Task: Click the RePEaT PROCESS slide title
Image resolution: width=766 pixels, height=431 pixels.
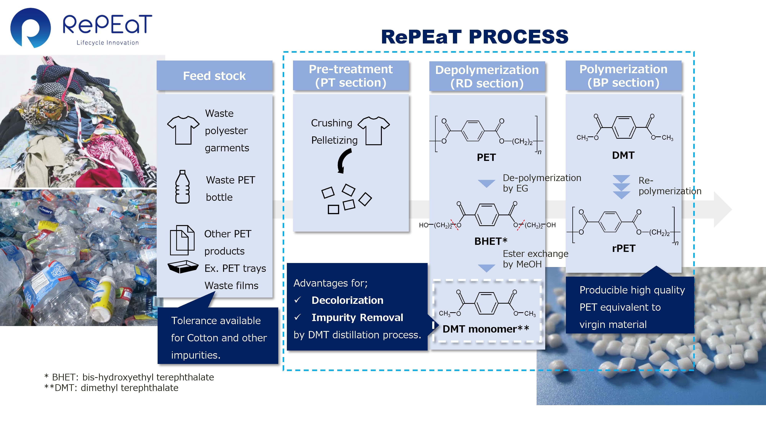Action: (x=475, y=37)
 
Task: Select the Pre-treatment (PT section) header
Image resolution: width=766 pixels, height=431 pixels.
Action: (x=351, y=76)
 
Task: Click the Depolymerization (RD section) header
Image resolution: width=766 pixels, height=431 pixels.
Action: (x=487, y=76)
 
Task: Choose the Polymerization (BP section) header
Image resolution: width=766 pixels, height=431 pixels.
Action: (x=623, y=76)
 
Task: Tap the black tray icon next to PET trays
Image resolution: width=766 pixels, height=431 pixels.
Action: (x=183, y=267)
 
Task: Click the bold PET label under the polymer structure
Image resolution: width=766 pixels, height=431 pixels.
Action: (x=486, y=157)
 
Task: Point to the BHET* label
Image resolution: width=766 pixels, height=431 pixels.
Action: (x=491, y=241)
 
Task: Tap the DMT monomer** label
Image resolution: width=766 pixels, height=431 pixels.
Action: (x=486, y=329)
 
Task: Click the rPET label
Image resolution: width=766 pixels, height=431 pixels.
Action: (x=624, y=248)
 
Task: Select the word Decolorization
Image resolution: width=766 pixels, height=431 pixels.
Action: (x=347, y=300)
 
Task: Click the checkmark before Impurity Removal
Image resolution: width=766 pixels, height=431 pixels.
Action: (x=297, y=317)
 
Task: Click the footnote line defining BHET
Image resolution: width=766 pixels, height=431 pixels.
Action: (x=129, y=377)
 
